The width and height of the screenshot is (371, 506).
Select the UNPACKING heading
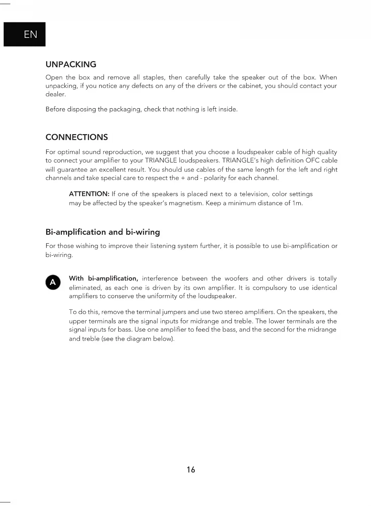click(x=71, y=64)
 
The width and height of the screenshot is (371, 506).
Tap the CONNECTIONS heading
click(x=76, y=137)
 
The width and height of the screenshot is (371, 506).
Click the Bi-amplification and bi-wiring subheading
click(x=103, y=232)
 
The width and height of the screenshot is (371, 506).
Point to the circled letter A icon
click(x=53, y=282)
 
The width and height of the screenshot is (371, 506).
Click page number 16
click(x=191, y=469)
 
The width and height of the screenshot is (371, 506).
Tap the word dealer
click(x=55, y=94)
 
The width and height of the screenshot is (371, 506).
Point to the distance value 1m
click(x=297, y=203)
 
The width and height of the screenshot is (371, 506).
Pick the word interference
click(x=160, y=279)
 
